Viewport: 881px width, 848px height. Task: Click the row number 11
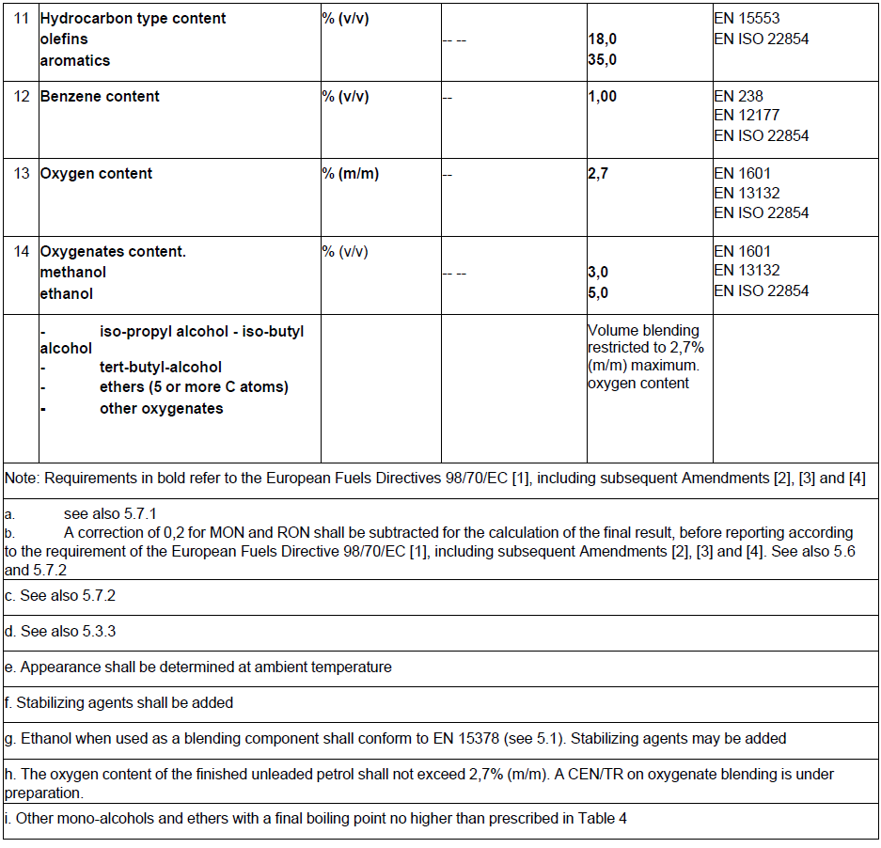[x=21, y=19]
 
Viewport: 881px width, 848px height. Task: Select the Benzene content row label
[x=100, y=97]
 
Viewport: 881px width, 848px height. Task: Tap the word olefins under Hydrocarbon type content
[x=66, y=39]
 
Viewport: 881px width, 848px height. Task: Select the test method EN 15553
[x=747, y=19]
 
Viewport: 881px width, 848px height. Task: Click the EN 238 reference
[x=738, y=96]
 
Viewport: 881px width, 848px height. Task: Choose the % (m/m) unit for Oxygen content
[x=350, y=174]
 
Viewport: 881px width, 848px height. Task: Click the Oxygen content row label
[x=96, y=174]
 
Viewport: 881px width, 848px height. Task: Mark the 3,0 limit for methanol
[x=598, y=273]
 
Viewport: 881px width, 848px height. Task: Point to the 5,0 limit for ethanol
[x=598, y=293]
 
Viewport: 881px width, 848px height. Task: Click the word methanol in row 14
[x=72, y=273]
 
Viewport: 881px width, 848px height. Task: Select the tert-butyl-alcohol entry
[x=161, y=368]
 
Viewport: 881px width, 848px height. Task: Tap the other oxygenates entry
[x=161, y=409]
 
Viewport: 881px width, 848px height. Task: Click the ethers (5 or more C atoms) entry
[x=194, y=387]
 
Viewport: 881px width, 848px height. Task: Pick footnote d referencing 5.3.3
[x=60, y=632]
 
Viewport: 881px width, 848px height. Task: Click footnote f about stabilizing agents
[x=118, y=702]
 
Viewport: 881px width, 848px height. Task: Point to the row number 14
[x=21, y=252]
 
